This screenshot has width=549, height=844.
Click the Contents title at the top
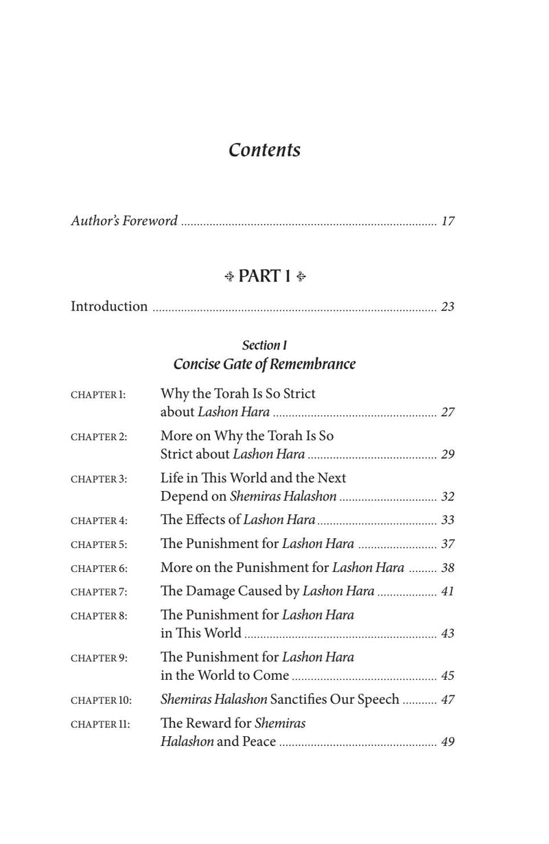coord(264,150)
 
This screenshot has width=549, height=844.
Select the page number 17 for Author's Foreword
coord(447,222)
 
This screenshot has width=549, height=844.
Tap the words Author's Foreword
coord(124,221)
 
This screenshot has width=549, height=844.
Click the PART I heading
coord(264,276)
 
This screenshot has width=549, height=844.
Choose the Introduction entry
coord(109,306)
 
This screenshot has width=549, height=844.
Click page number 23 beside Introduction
coord(447,307)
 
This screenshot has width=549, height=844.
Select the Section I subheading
coord(264,345)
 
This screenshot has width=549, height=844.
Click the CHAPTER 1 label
coord(98,395)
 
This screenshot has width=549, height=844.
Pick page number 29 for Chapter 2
coord(447,455)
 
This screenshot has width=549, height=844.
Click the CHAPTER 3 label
coord(99,479)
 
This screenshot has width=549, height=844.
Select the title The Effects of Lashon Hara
coord(237,521)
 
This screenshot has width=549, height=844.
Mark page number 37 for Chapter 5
coord(447,545)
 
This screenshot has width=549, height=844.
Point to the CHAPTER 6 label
coord(99,569)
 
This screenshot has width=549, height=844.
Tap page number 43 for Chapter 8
coord(447,634)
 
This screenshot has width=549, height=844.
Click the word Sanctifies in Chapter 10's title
coord(306,699)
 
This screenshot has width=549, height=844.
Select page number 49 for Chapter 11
coord(447,742)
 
